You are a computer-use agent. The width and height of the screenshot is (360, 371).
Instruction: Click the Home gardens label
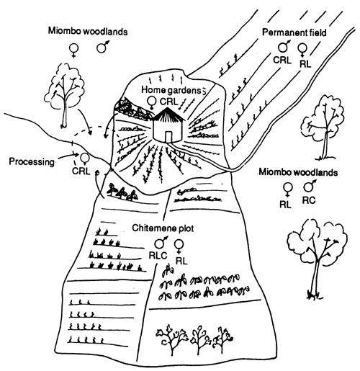[x=171, y=90]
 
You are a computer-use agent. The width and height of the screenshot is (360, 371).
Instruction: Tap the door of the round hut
[x=168, y=137]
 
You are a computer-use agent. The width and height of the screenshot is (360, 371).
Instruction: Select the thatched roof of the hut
[x=168, y=115]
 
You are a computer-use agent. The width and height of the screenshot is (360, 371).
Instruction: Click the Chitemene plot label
[x=163, y=228]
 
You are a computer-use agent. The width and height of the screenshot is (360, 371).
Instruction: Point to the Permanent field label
[x=294, y=32]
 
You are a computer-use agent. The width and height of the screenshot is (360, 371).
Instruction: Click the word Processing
[x=32, y=161]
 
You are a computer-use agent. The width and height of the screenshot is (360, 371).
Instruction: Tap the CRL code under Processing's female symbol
[x=81, y=171]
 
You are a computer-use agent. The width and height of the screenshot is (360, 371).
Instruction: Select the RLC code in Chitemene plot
[x=158, y=255]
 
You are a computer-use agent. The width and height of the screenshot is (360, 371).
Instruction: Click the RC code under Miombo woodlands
[x=309, y=200]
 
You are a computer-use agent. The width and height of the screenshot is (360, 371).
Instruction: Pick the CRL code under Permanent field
[x=282, y=60]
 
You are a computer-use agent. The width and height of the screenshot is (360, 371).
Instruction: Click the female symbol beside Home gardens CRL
[x=152, y=102]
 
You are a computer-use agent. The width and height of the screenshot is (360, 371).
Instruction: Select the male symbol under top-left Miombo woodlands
[x=103, y=47]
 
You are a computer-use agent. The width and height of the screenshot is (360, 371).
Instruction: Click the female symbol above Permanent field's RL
[x=302, y=50]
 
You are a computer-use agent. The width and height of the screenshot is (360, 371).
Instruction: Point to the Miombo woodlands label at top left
[x=88, y=31]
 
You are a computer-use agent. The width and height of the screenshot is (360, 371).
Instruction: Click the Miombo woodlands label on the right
[x=298, y=172]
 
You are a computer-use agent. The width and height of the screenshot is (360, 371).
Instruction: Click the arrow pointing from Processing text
[x=68, y=156]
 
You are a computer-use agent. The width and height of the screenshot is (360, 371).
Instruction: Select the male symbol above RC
[x=310, y=186]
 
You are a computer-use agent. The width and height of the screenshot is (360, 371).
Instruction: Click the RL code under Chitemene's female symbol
[x=181, y=261]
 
